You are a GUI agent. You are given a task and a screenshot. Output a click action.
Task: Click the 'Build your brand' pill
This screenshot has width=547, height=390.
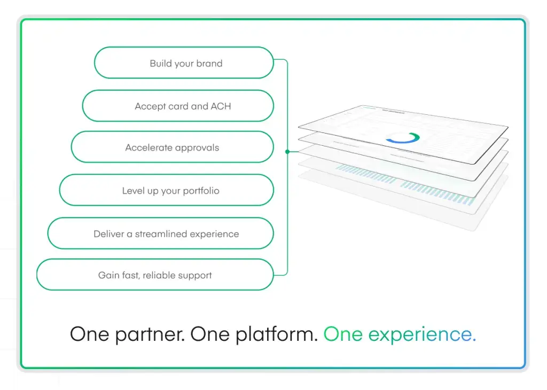point(184,63)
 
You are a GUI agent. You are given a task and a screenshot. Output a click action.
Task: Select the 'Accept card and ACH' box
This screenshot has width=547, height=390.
point(178,106)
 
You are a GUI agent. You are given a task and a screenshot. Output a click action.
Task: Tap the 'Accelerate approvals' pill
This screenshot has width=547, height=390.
point(173,147)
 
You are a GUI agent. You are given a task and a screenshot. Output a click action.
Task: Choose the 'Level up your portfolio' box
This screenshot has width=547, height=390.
point(167,190)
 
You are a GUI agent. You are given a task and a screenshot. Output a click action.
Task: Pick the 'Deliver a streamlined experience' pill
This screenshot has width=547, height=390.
point(160,233)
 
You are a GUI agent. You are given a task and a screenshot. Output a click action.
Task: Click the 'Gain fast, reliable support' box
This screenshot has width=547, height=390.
point(155,275)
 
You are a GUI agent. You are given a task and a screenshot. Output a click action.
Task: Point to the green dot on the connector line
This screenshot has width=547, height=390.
point(287,152)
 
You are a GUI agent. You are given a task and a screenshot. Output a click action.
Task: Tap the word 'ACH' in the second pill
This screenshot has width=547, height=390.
point(221,106)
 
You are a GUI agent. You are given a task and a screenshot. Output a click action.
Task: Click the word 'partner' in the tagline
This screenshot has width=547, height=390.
point(150,334)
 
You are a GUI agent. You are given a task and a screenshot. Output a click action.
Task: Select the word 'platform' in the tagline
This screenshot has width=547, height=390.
point(276,334)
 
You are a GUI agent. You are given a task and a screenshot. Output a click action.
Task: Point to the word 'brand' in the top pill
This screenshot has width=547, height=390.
point(209,63)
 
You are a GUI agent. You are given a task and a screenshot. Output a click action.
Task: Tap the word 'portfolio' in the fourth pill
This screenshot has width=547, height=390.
point(201,191)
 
